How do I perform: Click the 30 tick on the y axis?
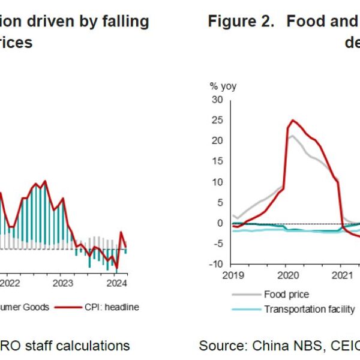[217, 100]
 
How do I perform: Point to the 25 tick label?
[217, 120]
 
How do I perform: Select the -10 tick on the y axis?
[215, 264]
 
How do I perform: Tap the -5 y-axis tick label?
[217, 244]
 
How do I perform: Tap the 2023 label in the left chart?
[63, 283]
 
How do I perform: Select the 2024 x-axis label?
[116, 283]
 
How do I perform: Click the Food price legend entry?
[286, 294]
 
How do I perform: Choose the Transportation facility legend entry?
[309, 309]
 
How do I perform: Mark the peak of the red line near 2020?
[292, 120]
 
